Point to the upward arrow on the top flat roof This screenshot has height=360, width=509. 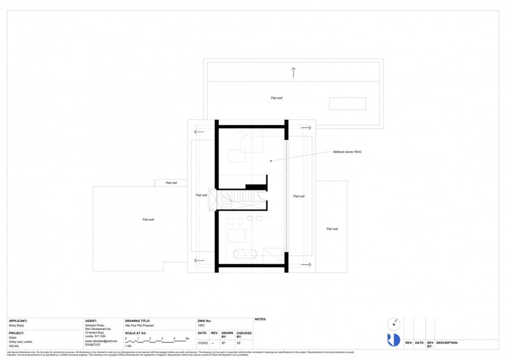tap(293, 72)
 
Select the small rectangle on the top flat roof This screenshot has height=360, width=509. tap(347, 104)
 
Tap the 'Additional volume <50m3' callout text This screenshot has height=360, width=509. tap(347, 152)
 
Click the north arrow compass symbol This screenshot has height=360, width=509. tap(394, 325)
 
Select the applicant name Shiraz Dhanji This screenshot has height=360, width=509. tap(18, 325)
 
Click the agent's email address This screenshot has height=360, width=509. tap(101, 341)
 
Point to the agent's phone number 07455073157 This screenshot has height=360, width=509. tap(93, 345)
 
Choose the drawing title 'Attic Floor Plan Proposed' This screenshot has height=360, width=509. tap(139, 325)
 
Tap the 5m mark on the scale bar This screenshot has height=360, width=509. tap(187, 338)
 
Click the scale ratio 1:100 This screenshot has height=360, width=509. tap(128, 345)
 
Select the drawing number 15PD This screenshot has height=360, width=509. tap(201, 325)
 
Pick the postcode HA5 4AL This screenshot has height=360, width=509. tap(14, 345)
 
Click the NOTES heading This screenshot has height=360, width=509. tap(261, 319)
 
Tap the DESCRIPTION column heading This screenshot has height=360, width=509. tap(447, 342)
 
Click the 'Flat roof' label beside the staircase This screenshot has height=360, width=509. tap(201, 195)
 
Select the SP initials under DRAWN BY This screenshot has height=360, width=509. tap(223, 342)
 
